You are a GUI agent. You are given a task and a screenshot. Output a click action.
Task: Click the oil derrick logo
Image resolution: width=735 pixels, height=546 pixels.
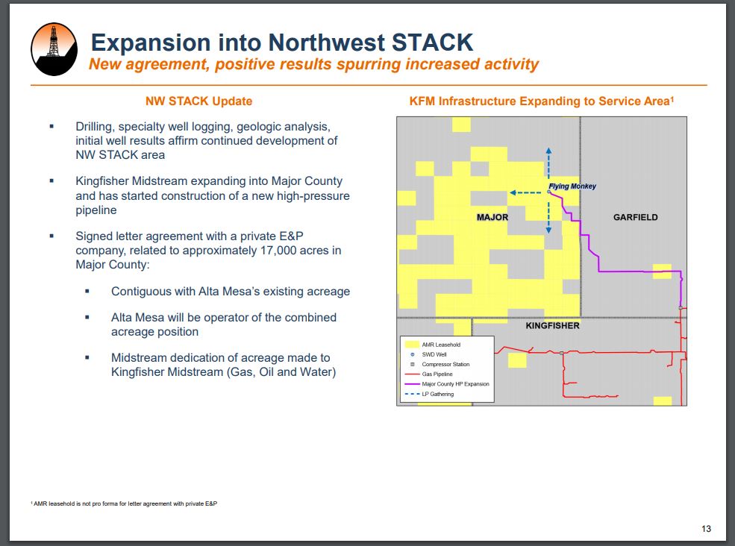(54, 49)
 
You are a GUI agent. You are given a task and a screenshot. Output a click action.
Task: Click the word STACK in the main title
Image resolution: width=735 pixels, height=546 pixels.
(432, 43)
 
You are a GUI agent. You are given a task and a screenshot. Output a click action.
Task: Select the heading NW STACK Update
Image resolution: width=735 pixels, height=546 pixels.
(198, 101)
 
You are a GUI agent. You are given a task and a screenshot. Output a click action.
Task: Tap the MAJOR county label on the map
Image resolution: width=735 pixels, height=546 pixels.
(492, 218)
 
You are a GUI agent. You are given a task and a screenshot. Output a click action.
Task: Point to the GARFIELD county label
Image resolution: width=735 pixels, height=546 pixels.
(635, 218)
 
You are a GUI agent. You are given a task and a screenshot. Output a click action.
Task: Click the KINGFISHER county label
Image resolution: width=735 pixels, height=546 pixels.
(552, 326)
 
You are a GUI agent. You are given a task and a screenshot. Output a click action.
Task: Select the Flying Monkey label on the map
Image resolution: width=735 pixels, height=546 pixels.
(572, 186)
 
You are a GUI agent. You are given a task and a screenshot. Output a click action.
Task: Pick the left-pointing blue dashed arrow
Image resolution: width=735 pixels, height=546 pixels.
(525, 192)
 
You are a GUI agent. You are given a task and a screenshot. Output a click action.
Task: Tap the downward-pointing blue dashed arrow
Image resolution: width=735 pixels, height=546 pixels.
(549, 218)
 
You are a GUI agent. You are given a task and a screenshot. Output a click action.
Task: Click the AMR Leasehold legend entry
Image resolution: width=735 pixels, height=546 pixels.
(432, 345)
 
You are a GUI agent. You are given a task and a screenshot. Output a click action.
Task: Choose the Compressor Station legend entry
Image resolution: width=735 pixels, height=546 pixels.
(440, 364)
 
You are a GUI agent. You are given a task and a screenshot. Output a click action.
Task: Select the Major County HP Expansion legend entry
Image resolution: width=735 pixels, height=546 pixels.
(447, 384)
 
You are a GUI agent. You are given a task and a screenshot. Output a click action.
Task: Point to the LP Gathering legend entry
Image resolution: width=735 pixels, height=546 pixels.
(429, 394)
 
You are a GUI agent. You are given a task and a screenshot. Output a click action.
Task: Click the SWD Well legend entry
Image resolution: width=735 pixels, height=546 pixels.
(428, 354)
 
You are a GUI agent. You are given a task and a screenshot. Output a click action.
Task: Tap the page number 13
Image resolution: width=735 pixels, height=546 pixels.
(706, 529)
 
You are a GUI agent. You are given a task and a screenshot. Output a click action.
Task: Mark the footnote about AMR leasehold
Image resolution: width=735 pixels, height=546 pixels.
(124, 503)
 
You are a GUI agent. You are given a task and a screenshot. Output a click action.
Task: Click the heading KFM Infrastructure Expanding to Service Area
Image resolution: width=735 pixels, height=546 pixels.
(542, 101)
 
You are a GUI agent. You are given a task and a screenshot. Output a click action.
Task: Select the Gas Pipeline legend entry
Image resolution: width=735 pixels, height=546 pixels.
(428, 374)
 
